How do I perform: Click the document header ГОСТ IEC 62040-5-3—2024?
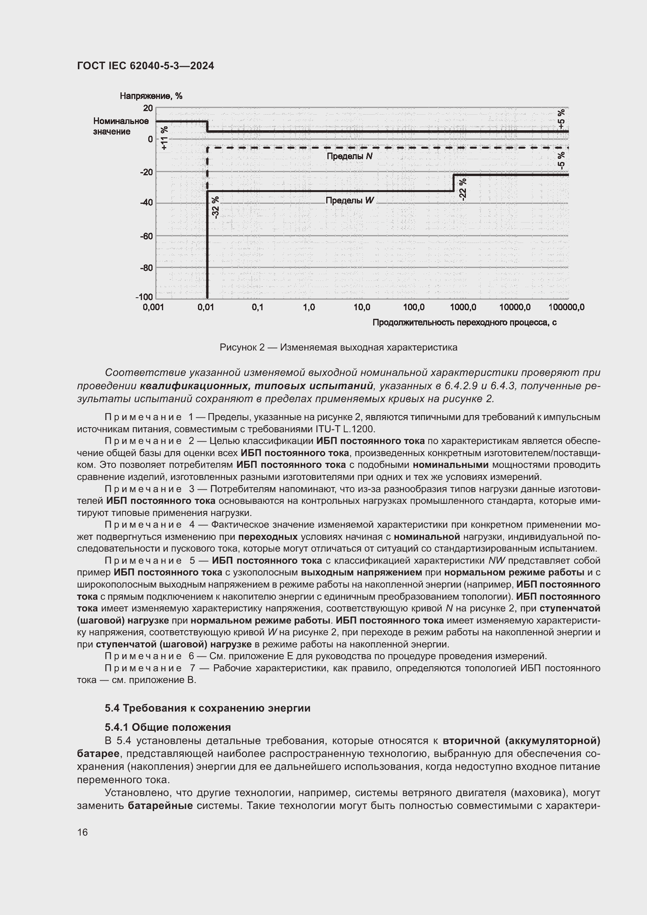click(x=146, y=66)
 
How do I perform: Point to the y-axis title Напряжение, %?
click(x=151, y=96)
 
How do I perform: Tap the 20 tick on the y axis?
click(x=148, y=108)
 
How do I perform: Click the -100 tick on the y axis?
click(x=144, y=297)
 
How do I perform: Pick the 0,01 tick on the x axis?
click(x=206, y=307)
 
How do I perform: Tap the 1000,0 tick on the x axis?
click(x=463, y=307)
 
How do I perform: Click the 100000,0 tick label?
click(x=566, y=307)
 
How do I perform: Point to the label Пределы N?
click(x=349, y=156)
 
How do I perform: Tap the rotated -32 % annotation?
click(x=215, y=207)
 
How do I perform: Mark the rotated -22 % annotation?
click(x=462, y=189)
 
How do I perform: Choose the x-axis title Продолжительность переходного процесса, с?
click(x=464, y=323)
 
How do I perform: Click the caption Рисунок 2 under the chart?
click(x=338, y=347)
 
